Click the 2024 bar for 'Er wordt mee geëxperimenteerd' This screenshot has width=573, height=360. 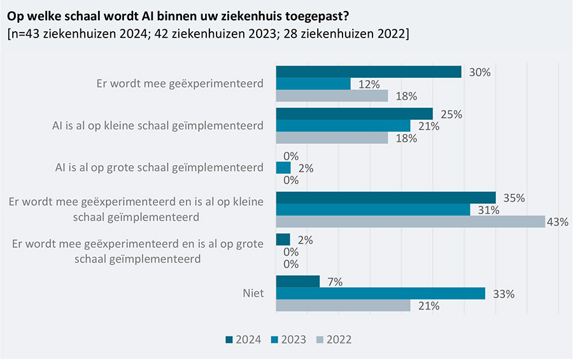pyautogui.click(x=368, y=72)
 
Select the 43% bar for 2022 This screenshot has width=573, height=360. pyautogui.click(x=410, y=222)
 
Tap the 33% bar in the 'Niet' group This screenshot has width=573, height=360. pyautogui.click(x=380, y=294)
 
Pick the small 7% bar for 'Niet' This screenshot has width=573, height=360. pyautogui.click(x=297, y=282)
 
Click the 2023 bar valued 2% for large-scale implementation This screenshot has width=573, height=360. pyautogui.click(x=283, y=168)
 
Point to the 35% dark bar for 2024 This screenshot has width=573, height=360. pyautogui.click(x=385, y=198)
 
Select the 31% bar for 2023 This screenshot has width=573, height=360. pyautogui.click(x=372, y=210)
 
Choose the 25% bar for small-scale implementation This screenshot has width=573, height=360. pyautogui.click(x=354, y=114)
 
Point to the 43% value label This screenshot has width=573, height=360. pyautogui.click(x=558, y=222)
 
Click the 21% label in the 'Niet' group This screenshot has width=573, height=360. pyautogui.click(x=428, y=306)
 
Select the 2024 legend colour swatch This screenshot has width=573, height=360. pyautogui.click(x=230, y=340)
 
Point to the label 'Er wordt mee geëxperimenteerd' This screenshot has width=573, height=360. pyautogui.click(x=178, y=84)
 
